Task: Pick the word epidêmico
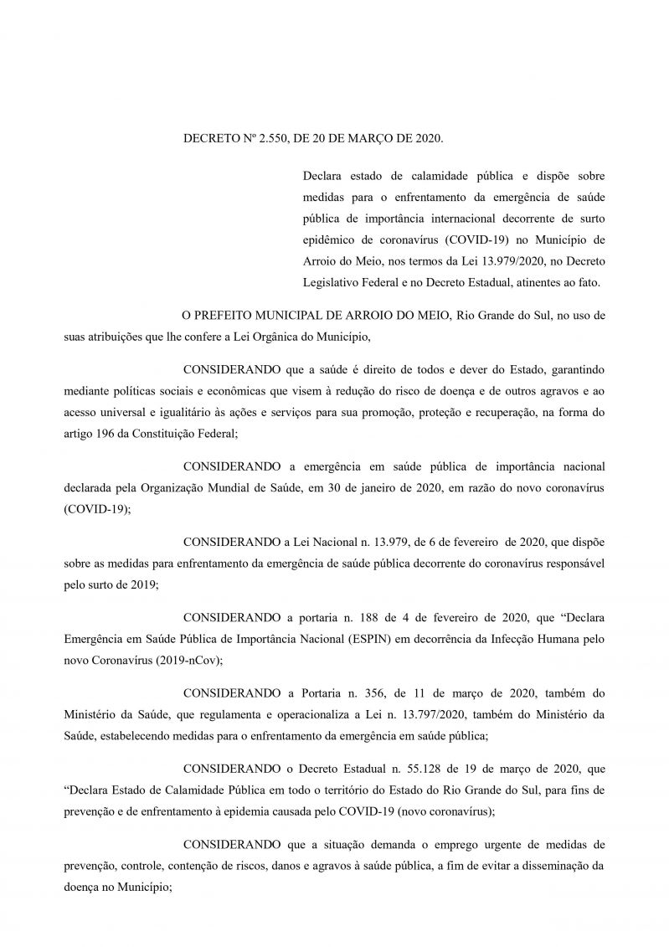click(330, 242)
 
